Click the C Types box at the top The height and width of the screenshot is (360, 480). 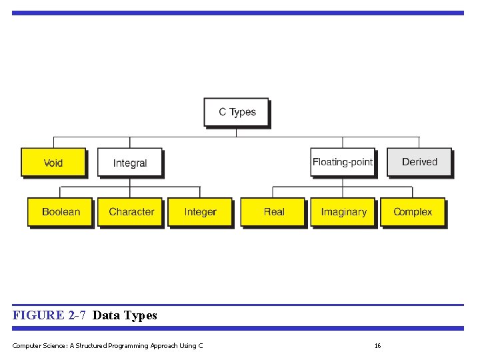click(237, 112)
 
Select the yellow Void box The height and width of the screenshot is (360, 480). click(53, 163)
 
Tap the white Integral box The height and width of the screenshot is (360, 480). click(130, 163)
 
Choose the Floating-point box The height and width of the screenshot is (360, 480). click(343, 162)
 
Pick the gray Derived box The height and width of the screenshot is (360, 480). click(419, 162)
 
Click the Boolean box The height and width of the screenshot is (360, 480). click(61, 212)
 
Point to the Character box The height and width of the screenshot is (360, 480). click(131, 212)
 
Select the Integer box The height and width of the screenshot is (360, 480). click(201, 212)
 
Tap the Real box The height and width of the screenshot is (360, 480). click(273, 212)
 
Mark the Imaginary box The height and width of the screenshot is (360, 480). click(343, 212)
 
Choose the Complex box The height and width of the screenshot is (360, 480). click(413, 212)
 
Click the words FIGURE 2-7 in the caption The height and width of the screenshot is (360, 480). click(49, 315)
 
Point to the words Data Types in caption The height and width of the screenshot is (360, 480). click(125, 315)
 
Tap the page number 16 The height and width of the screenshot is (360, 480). click(377, 345)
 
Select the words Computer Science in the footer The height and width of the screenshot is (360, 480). click(37, 345)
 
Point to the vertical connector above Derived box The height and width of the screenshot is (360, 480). click(419, 142)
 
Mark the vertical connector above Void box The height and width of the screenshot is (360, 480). click(53, 142)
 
